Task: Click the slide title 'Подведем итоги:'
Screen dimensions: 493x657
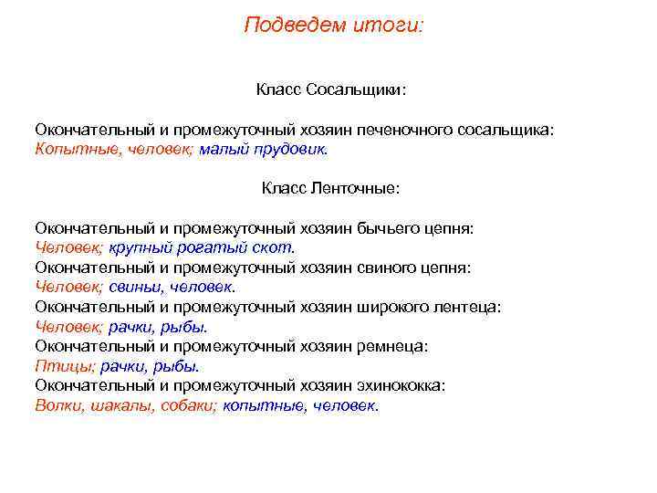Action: coord(334,25)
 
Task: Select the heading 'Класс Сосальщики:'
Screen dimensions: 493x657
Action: coord(330,90)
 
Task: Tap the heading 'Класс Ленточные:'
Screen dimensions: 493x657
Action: coord(330,188)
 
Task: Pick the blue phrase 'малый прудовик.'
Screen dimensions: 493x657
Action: coord(263,149)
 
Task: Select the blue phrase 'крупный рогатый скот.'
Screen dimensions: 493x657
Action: coord(203,247)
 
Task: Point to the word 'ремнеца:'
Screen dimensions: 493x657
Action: coord(395,346)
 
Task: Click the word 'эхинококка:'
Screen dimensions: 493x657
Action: coord(403,385)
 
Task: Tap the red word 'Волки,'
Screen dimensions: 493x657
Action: coord(59,405)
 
